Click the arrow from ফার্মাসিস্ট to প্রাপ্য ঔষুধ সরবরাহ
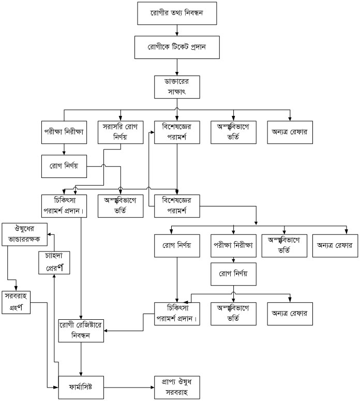point(129,386)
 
